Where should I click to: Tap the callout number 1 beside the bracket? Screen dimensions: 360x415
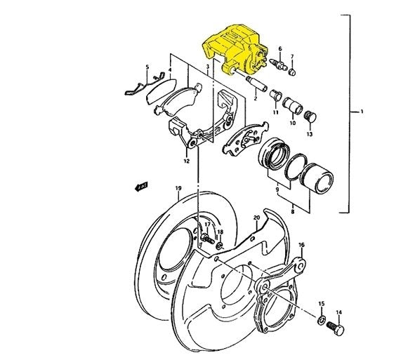(x=362, y=112)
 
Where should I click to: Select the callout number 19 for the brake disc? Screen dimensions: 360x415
(x=178, y=188)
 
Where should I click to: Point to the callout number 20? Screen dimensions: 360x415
(x=257, y=218)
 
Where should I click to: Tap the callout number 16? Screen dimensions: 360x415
(x=302, y=246)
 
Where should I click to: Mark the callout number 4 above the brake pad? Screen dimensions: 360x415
(x=169, y=70)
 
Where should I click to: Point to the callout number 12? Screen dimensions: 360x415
(x=186, y=161)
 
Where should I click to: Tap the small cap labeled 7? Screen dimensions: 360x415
(x=293, y=70)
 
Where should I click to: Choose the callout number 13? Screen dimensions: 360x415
(x=310, y=133)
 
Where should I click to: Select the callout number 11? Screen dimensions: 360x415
(x=276, y=112)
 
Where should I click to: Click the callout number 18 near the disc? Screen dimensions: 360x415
(x=220, y=232)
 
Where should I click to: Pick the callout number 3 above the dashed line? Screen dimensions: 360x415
(x=208, y=67)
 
